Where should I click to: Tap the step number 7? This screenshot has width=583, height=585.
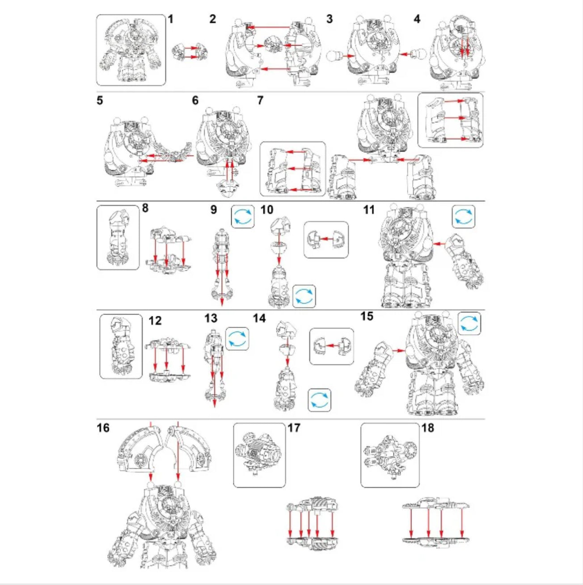pos(260,101)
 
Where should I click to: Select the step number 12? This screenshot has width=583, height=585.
pos(155,321)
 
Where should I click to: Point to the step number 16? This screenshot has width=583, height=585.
pos(103,428)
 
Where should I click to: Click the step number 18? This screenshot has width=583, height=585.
pos(427,428)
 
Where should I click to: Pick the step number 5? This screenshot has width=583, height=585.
pos(100,101)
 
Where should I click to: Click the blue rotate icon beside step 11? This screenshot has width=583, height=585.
pos(464,217)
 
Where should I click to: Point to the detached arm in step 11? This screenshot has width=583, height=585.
pos(465,259)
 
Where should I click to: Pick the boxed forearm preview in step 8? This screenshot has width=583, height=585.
pos(118,237)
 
